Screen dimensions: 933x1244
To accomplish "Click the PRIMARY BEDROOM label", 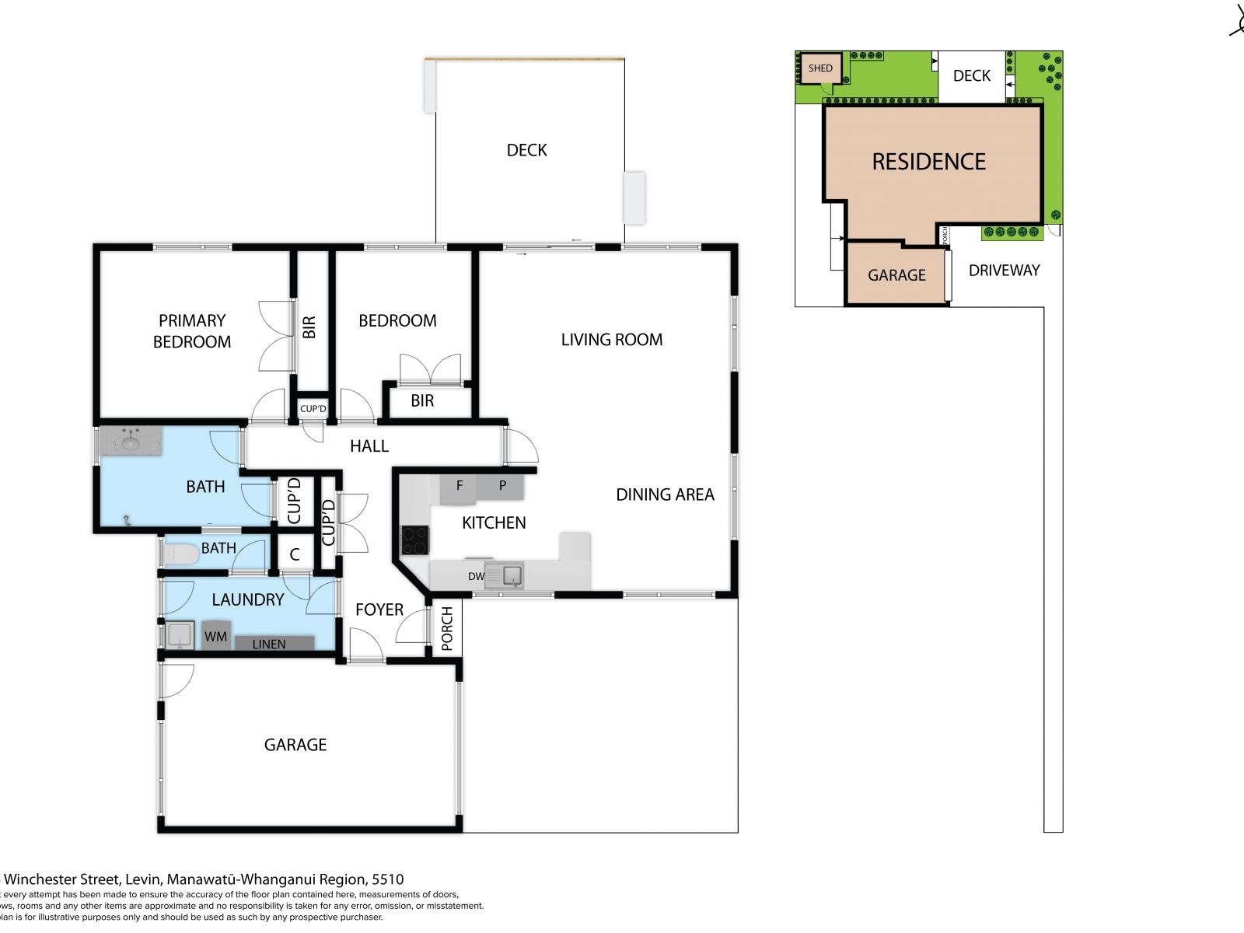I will pyautogui.click(x=191, y=331).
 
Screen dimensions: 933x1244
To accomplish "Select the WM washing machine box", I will pyautogui.click(x=216, y=636).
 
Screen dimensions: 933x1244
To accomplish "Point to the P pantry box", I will pyautogui.click(x=502, y=487).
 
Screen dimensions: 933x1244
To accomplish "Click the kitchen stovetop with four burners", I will pyautogui.click(x=414, y=540).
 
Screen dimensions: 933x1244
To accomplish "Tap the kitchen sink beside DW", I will pyautogui.click(x=512, y=576).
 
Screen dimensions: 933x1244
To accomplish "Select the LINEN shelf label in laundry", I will pyautogui.click(x=269, y=644).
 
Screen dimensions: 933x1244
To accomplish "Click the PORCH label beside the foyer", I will pyautogui.click(x=446, y=628).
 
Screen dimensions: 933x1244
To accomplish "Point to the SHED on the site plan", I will pyautogui.click(x=820, y=68).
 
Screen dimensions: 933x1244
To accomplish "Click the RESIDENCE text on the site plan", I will pyautogui.click(x=928, y=162).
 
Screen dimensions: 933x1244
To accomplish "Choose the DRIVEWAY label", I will pyautogui.click(x=1004, y=271).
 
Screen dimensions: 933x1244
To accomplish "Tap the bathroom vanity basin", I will pyautogui.click(x=130, y=443).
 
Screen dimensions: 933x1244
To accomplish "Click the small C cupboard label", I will pyautogui.click(x=295, y=555).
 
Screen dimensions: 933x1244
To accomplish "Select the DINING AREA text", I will pyautogui.click(x=665, y=494).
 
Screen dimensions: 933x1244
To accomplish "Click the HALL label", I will pyautogui.click(x=369, y=446).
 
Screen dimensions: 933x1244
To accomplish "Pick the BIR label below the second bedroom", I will pyautogui.click(x=422, y=401).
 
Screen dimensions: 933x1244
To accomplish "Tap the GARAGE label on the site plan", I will pyautogui.click(x=896, y=275).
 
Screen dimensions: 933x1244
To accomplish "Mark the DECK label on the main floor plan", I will pyautogui.click(x=526, y=150).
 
